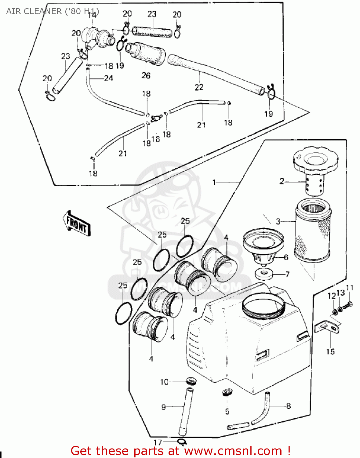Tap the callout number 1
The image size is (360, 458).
point(214,182)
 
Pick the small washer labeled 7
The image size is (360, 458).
point(264,274)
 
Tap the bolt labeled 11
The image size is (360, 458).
point(348,305)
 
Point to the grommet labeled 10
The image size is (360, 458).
point(191,381)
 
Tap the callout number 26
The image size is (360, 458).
point(146,75)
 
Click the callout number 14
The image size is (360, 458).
point(92,15)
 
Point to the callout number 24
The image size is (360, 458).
point(108,78)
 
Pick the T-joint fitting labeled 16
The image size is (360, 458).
point(156,118)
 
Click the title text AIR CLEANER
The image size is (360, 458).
point(34,11)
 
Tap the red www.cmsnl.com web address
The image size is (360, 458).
point(234,451)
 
